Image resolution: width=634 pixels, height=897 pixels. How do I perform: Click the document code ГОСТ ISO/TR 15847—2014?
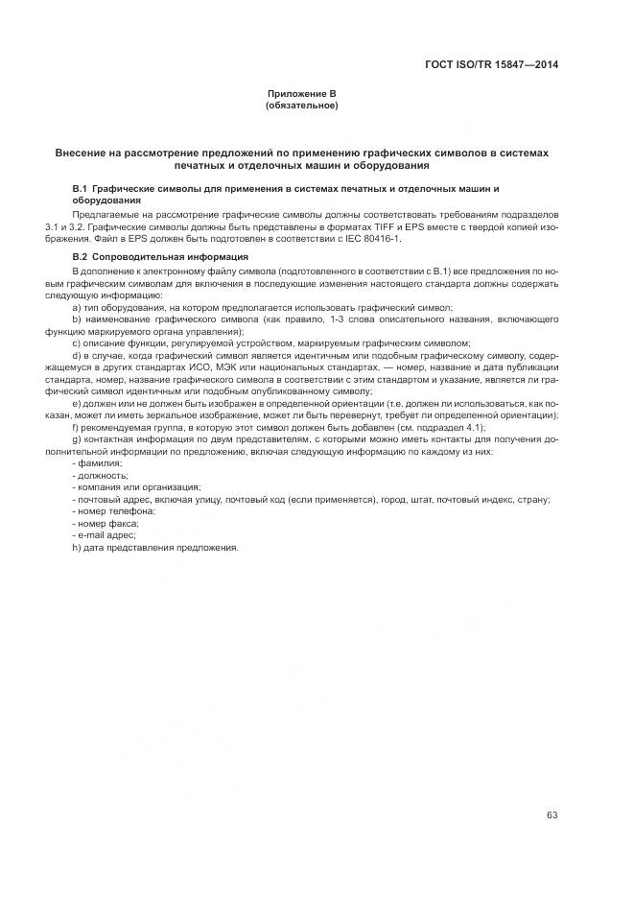click(491, 65)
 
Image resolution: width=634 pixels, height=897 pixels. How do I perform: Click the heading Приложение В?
click(301, 93)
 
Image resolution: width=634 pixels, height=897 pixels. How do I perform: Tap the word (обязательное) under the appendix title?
click(301, 105)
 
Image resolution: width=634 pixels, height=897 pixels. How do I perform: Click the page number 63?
click(552, 788)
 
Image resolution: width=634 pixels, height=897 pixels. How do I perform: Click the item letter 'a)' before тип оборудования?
click(76, 306)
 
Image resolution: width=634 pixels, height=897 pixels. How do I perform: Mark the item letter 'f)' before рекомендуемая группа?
click(76, 427)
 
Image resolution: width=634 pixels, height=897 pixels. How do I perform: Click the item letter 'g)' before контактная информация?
click(76, 439)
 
